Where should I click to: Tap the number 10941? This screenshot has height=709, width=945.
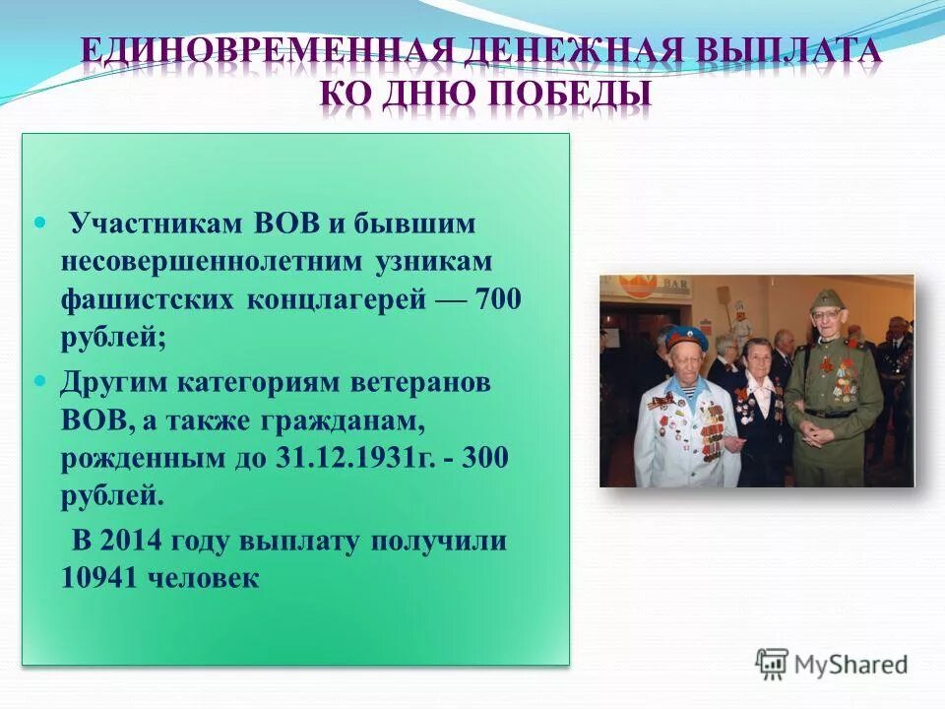click(100, 578)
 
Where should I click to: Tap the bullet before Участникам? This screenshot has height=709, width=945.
click(40, 224)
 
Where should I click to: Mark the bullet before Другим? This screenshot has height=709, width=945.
click(40, 381)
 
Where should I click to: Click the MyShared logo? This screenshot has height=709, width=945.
click(832, 665)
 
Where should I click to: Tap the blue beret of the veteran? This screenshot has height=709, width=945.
click(686, 339)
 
